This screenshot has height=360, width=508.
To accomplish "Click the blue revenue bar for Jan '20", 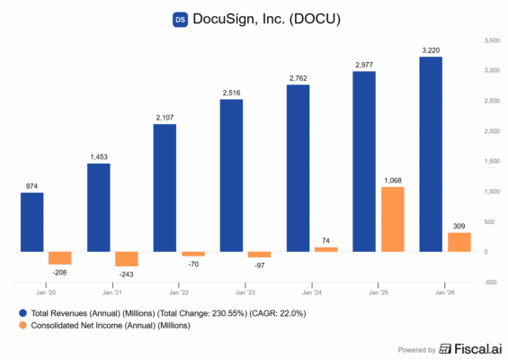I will click(32, 221).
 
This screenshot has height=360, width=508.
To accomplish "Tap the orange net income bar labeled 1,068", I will click(392, 219).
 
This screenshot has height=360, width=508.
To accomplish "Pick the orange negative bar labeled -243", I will click(126, 259).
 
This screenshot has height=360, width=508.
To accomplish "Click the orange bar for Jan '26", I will click(459, 242).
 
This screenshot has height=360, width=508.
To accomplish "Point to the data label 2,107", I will click(165, 116).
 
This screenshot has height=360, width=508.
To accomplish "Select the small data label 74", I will click(325, 239).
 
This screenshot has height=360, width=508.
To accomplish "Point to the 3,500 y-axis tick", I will click(491, 40).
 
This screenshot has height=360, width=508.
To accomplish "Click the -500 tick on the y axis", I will click(490, 282).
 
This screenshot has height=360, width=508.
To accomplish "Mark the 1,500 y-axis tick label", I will click(491, 161).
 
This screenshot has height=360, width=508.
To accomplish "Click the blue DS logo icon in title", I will click(180, 18).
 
